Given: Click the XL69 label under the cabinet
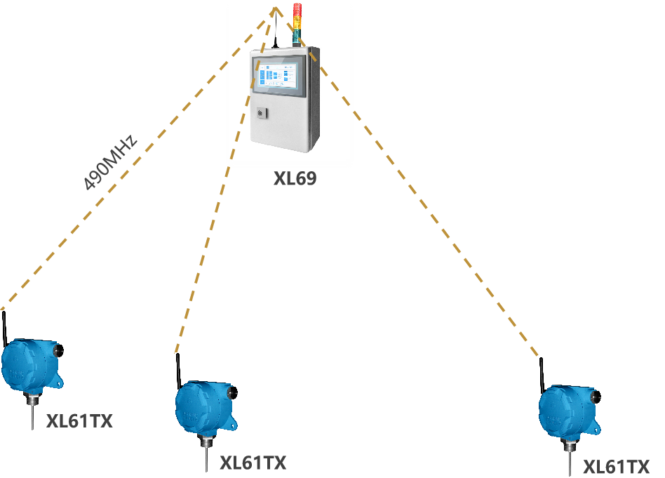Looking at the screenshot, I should tap(295, 179).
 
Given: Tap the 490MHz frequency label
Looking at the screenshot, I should tap(109, 162).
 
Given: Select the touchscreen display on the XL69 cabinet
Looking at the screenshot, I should tap(280, 75).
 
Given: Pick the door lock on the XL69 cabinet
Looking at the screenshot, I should tap(261, 112).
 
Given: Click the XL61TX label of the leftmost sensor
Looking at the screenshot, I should tap(79, 422).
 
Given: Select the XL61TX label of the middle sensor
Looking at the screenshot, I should tap(253, 463).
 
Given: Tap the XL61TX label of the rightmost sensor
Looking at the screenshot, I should tap(617, 467).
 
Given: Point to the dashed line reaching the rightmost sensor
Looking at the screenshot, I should tap(421, 204).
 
